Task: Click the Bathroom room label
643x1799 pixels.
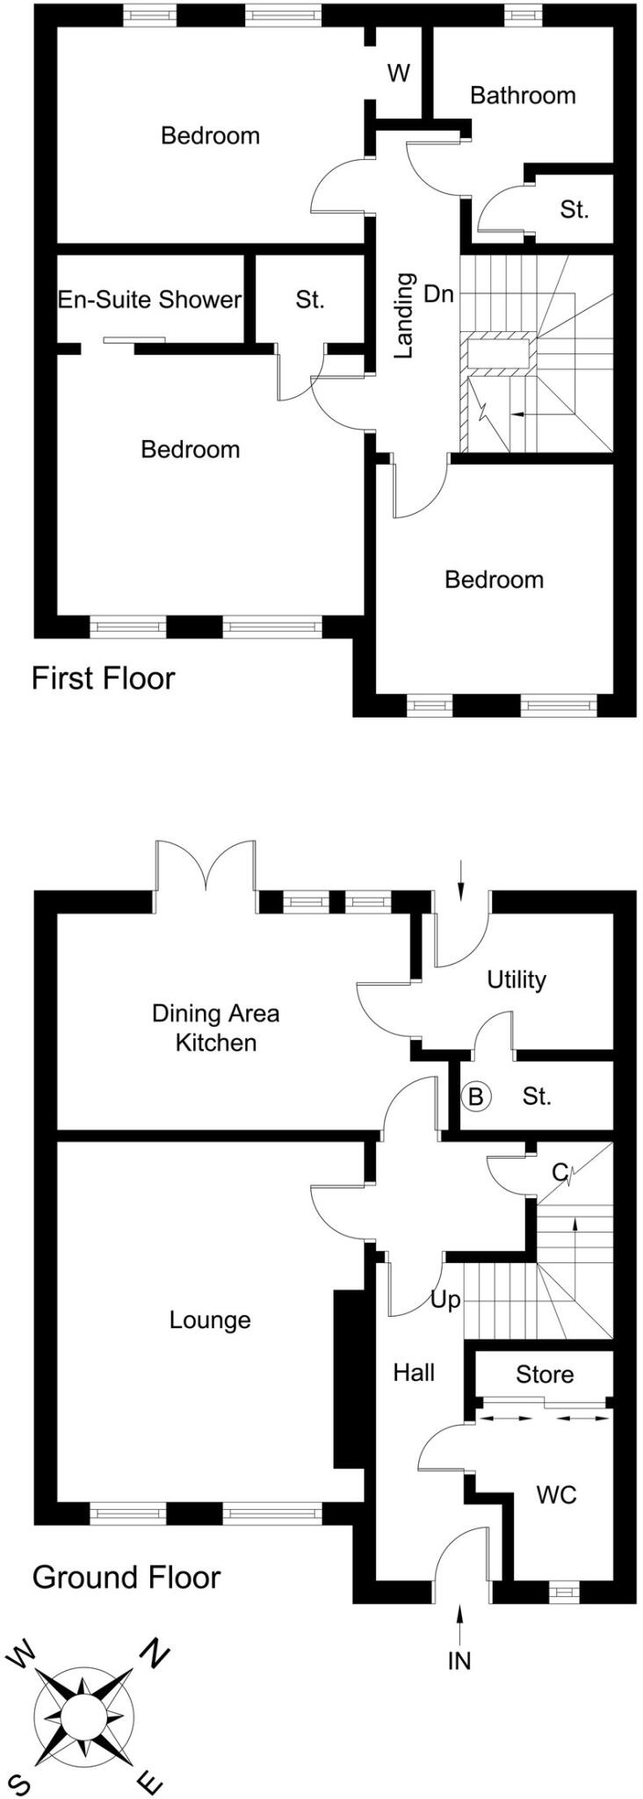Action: click(x=523, y=95)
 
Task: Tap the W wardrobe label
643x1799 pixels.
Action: click(x=399, y=73)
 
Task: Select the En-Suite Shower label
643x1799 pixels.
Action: click(x=149, y=300)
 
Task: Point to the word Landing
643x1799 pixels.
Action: click(x=403, y=315)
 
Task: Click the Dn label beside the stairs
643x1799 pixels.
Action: click(x=438, y=293)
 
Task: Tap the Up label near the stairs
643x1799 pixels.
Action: click(x=445, y=1300)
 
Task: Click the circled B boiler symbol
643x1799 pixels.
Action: click(x=475, y=1096)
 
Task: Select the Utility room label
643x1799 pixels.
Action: click(x=517, y=979)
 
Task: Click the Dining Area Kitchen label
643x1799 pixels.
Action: click(x=216, y=1028)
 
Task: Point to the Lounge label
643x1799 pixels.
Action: click(x=210, y=1320)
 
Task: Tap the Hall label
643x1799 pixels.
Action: click(x=414, y=1372)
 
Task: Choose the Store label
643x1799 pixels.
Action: click(x=545, y=1375)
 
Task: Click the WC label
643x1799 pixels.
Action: click(x=556, y=1494)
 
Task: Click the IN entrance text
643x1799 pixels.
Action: click(x=459, y=1660)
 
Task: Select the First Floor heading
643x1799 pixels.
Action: click(x=103, y=678)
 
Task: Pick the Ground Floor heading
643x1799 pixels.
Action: click(x=126, y=1578)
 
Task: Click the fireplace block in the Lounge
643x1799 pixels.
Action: click(x=349, y=1379)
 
